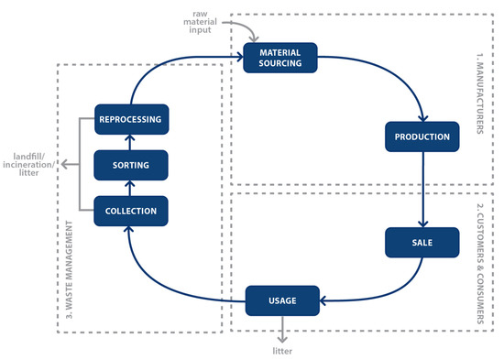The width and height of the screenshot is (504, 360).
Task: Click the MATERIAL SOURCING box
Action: [280, 57]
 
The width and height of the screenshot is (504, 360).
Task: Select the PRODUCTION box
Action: [421, 137]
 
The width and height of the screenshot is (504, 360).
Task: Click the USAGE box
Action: [280, 299]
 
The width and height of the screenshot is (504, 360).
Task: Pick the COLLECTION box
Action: [132, 211]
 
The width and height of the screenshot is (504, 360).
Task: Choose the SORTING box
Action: [132, 166]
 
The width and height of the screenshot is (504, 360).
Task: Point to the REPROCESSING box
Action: [132, 119]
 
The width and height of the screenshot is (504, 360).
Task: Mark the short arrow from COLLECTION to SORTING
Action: [132, 189]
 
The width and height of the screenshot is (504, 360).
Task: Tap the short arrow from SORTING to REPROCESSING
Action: [132, 142]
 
